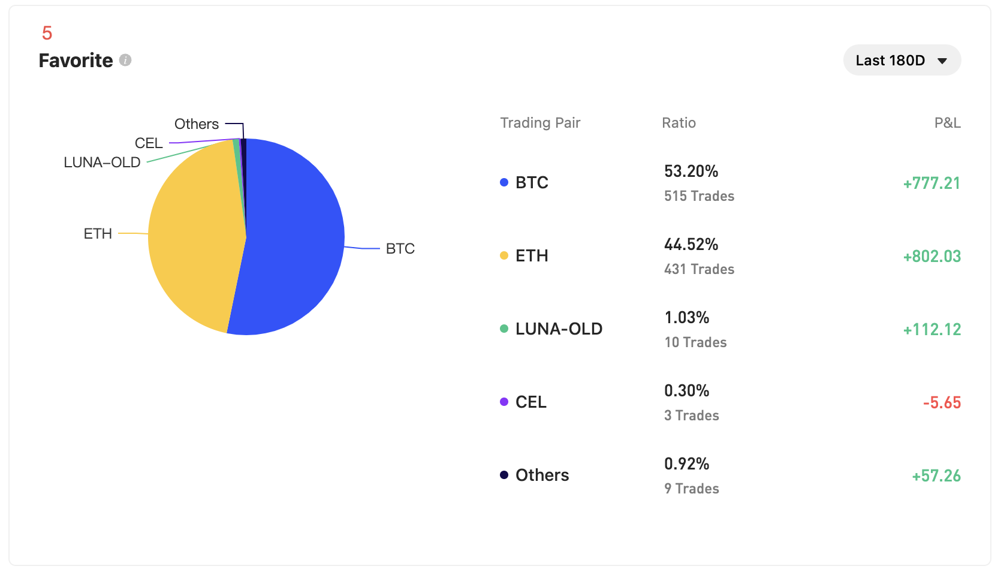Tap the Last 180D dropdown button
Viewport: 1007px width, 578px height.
pos(902,61)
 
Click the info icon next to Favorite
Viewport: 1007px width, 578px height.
pos(125,60)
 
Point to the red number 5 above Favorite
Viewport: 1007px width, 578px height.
pos(47,33)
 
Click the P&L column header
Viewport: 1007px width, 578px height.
pos(947,123)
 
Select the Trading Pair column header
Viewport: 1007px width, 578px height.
pos(540,123)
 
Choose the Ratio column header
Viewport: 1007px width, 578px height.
pos(679,123)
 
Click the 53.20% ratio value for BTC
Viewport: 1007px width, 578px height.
pos(691,171)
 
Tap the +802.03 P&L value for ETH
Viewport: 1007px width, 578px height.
pos(931,257)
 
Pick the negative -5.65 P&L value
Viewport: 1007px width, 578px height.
pos(942,403)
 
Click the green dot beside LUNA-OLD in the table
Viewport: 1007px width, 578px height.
pos(504,329)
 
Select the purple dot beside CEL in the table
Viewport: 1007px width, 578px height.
pos(504,402)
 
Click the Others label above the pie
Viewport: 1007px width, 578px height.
pos(197,124)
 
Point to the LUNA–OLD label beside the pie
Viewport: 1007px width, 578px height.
pos(102,162)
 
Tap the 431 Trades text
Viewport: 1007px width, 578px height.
pos(699,269)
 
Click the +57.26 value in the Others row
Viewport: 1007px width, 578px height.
pos(936,476)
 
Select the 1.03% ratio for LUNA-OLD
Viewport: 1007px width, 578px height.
pos(687,318)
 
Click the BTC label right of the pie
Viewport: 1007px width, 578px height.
pos(400,249)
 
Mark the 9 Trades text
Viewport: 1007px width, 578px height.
pos(691,489)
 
